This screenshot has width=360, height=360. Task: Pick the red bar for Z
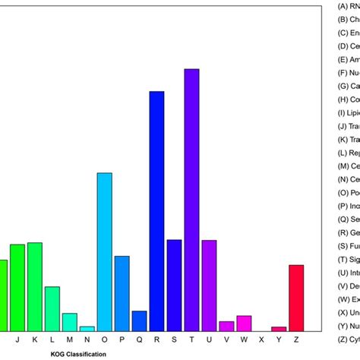pyautogui.click(x=296, y=297)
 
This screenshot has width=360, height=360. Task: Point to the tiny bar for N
pyautogui.click(x=87, y=328)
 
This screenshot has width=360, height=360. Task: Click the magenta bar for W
pyautogui.click(x=244, y=323)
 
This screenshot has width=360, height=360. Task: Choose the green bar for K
pyautogui.click(x=34, y=286)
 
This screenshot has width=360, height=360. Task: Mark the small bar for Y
pyautogui.click(x=279, y=328)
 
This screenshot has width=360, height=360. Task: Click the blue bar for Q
pyautogui.click(x=139, y=321)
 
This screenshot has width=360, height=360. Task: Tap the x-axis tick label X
pyautogui.click(x=261, y=340)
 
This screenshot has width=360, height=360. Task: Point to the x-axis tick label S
pyautogui.click(x=174, y=340)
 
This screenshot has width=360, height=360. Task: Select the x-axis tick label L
pyautogui.click(x=52, y=340)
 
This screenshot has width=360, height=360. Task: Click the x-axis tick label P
pyautogui.click(x=122, y=340)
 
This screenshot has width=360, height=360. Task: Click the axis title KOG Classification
pyautogui.click(x=78, y=354)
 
